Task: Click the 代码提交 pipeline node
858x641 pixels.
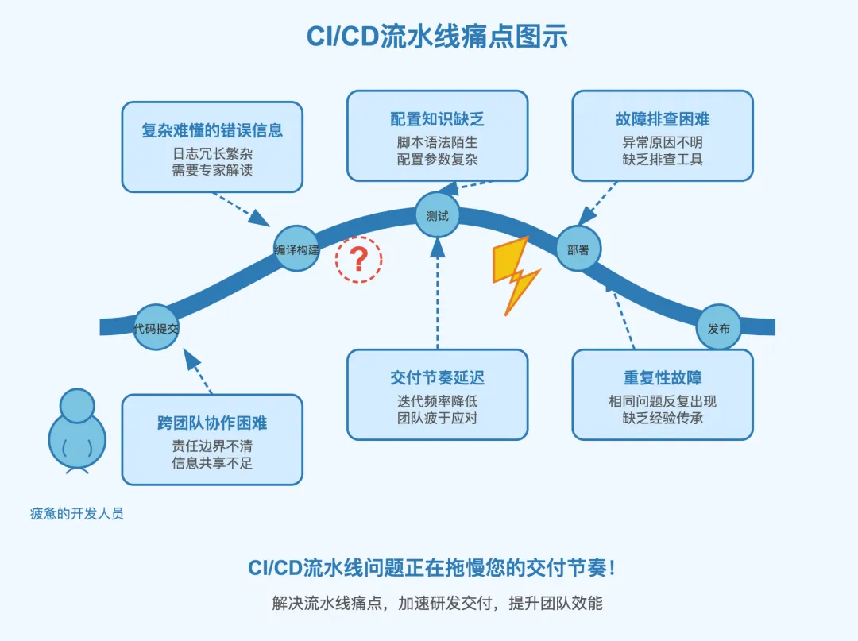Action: click(156, 327)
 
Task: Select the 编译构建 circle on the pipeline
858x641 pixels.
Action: click(296, 249)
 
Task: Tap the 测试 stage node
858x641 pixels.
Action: click(437, 215)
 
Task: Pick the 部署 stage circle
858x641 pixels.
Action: click(578, 249)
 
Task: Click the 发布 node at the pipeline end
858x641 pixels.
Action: click(718, 327)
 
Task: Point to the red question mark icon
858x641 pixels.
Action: click(359, 259)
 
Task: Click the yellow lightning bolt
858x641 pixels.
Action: click(516, 275)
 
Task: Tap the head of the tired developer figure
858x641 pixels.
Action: click(76, 406)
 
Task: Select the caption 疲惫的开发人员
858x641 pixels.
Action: click(76, 514)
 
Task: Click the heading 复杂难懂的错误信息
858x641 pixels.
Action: click(212, 130)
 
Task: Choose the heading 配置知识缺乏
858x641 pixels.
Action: click(437, 118)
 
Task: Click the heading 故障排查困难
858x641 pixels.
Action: click(663, 118)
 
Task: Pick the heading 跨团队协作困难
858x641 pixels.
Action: click(212, 423)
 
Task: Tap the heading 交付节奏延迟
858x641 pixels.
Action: click(437, 377)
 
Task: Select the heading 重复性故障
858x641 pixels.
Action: click(663, 377)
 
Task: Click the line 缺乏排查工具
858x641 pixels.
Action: click(663, 159)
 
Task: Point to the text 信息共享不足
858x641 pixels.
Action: click(212, 463)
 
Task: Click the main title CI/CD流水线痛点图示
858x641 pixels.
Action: click(437, 37)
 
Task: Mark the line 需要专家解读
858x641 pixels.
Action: click(212, 171)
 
